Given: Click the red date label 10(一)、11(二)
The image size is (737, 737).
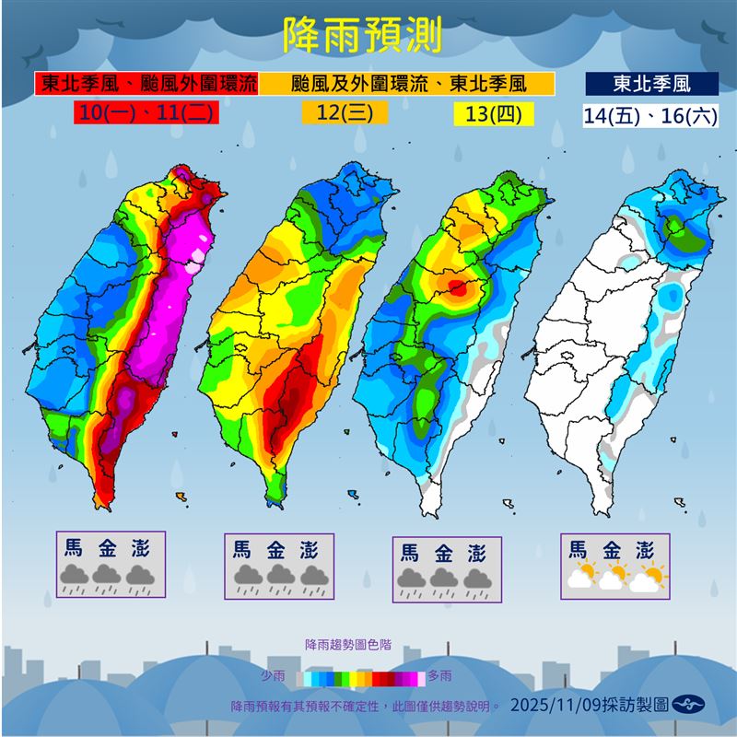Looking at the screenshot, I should click(146, 114).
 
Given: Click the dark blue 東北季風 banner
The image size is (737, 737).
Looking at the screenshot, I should click(651, 84).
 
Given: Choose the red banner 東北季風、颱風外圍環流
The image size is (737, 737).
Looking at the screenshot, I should click(147, 84).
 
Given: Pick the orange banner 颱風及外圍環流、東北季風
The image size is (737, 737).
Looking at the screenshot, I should click(407, 84).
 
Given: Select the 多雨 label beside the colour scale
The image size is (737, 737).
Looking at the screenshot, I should click(440, 677).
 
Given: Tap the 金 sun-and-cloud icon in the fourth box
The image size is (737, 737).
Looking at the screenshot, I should click(615, 578).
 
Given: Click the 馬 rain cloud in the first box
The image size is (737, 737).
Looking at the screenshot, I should click(74, 578).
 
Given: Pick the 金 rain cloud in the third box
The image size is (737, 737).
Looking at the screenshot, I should click(446, 579).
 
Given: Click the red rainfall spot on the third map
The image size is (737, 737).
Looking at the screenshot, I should click(460, 289).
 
